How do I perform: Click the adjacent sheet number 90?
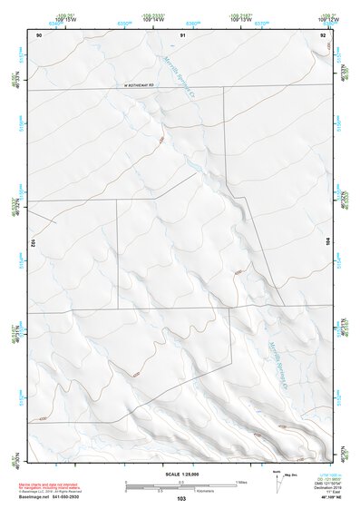(39, 34)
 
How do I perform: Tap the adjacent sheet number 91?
(182, 34)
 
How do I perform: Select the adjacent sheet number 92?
(322, 34)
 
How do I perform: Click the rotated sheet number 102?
(32, 243)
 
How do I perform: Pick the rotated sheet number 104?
(328, 242)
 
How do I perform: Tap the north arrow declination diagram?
(277, 478)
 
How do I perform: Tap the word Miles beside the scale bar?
(241, 481)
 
